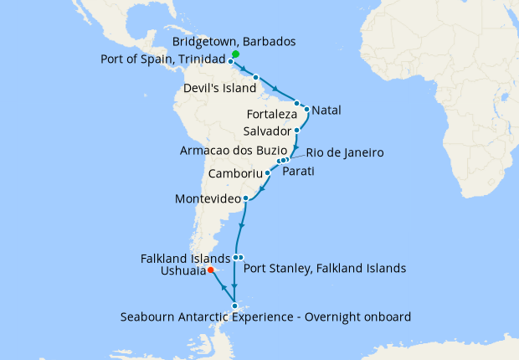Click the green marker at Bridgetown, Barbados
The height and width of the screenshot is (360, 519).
[x=235, y=54]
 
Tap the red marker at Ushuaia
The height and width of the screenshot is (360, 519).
[x=210, y=270]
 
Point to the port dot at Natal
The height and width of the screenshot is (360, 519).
[x=307, y=109]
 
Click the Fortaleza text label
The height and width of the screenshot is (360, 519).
[x=272, y=114]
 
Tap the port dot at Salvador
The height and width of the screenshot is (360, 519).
[x=297, y=131]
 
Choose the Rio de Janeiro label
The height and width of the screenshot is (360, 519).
[x=345, y=153]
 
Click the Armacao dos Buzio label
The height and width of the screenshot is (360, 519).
[x=228, y=152]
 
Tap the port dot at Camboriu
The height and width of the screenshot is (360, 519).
[x=267, y=174]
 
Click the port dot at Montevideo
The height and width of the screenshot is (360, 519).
[x=245, y=199]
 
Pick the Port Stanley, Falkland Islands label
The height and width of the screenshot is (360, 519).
[x=324, y=269]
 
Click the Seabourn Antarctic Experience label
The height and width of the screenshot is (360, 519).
[x=265, y=316]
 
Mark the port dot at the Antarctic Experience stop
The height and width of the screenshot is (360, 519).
[x=235, y=306]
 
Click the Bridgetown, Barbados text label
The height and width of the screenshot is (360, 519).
[x=234, y=42]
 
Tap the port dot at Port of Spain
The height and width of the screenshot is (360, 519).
[x=230, y=61]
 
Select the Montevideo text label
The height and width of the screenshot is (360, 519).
[x=207, y=199]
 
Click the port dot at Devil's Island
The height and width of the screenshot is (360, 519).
[x=255, y=78]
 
